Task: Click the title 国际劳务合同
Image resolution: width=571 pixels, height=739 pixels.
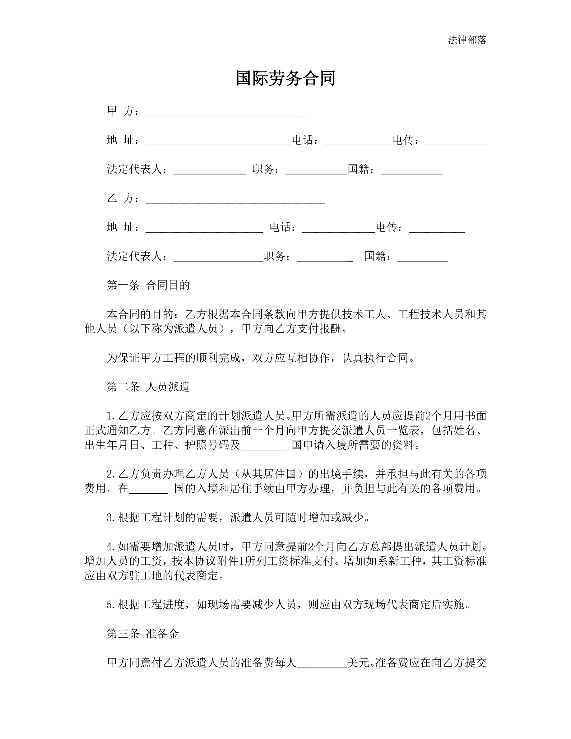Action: (x=285, y=78)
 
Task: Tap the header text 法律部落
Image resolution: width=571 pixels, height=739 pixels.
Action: (x=467, y=40)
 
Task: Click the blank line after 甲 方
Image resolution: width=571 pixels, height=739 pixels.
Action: (x=227, y=113)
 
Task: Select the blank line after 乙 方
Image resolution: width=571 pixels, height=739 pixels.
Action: (x=235, y=200)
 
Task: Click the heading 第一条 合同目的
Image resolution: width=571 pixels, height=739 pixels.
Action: (x=148, y=285)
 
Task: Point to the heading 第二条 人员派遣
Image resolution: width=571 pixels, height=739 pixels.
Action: (x=148, y=386)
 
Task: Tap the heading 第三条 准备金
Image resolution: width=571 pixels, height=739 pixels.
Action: (x=143, y=634)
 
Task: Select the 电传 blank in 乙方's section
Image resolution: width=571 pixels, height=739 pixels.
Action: (x=436, y=230)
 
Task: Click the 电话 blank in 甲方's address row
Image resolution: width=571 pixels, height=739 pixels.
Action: (x=358, y=142)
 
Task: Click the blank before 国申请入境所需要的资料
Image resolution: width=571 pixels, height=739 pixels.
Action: (x=263, y=447)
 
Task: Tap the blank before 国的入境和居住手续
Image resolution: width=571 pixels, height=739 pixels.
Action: (x=148, y=490)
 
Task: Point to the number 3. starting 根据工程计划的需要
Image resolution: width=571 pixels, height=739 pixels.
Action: (x=111, y=518)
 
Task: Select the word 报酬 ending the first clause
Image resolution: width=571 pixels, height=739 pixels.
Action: (x=330, y=328)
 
